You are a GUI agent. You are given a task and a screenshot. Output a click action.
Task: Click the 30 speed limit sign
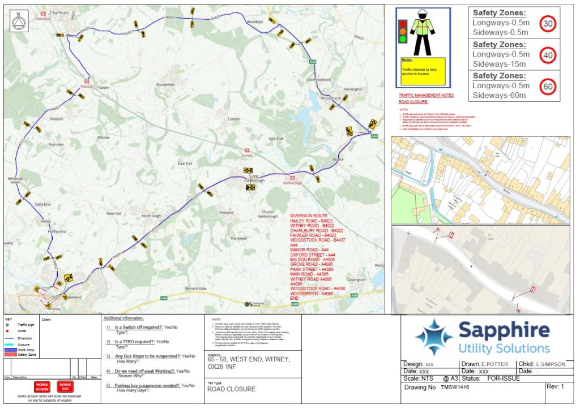pyautogui.click(x=547, y=24)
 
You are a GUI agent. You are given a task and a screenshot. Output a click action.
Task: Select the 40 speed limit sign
pyautogui.click(x=547, y=55)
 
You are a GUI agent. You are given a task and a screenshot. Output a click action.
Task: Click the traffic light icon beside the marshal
pyautogui.click(x=403, y=31)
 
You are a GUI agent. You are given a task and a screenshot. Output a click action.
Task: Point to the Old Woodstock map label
pyautogui.click(x=318, y=80)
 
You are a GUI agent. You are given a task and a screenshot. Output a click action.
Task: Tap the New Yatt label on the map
pyautogui.click(x=115, y=213)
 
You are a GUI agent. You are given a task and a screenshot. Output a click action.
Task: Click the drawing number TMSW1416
pyautogui.click(x=455, y=388)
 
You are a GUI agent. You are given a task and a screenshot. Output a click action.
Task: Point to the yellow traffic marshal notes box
pyautogui.click(x=423, y=71)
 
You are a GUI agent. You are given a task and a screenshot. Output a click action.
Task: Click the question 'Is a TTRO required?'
pyautogui.click(x=134, y=342)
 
